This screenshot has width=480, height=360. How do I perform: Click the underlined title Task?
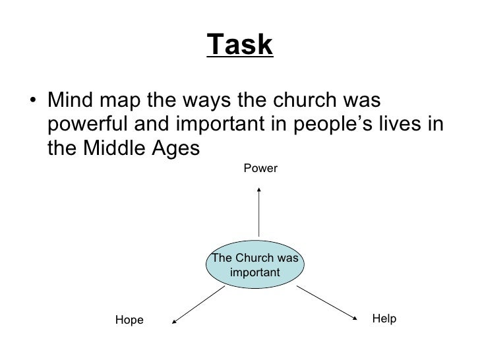click(240, 45)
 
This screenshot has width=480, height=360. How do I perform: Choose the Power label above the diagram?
click(260, 169)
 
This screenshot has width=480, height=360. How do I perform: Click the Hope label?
click(129, 320)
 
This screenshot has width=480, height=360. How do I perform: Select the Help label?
click(384, 318)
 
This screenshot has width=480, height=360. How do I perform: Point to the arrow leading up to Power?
click(259, 211)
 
